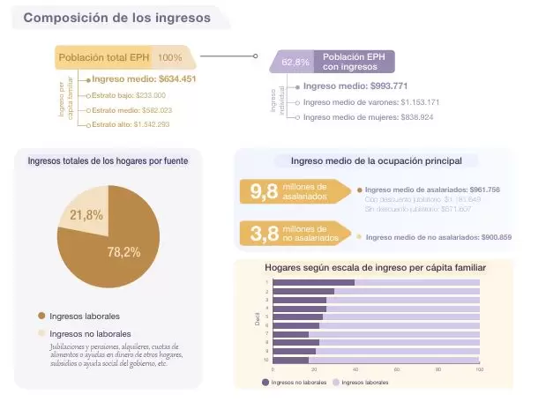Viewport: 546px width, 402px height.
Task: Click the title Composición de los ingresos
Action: pyautogui.click(x=116, y=18)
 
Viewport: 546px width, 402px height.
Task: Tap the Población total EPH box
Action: pyautogui.click(x=106, y=57)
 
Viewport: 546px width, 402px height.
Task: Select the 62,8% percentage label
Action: pyautogui.click(x=295, y=62)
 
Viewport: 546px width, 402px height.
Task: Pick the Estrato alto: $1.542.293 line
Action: pyautogui.click(x=129, y=125)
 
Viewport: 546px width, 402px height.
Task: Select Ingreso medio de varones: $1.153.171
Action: pyautogui.click(x=370, y=102)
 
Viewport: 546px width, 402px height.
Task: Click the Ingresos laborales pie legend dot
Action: pyautogui.click(x=41, y=316)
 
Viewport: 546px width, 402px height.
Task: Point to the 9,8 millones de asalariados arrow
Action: pyautogui.click(x=291, y=192)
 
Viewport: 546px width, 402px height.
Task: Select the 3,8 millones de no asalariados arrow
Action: pyautogui.click(x=291, y=234)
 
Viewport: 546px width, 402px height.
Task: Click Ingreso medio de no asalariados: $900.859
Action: pyautogui.click(x=438, y=237)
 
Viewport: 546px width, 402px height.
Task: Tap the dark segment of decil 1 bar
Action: pyautogui.click(x=313, y=283)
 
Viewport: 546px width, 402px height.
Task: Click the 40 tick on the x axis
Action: pyautogui.click(x=355, y=369)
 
